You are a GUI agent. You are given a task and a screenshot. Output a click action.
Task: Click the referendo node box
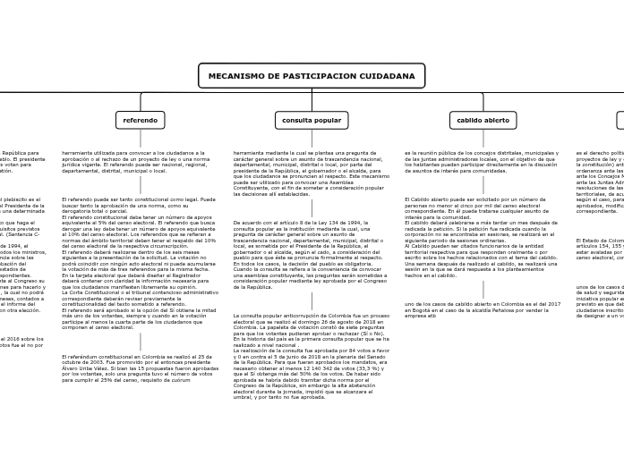(x=140, y=120)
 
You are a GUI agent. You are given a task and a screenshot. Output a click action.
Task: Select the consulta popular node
(x=312, y=120)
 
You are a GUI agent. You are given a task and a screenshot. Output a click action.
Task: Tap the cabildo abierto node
(x=483, y=120)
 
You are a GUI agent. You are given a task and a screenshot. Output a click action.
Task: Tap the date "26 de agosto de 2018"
(x=355, y=321)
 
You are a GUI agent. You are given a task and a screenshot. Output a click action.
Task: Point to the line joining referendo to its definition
(x=140, y=139)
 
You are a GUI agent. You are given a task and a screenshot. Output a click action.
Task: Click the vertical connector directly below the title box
(x=312, y=90)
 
